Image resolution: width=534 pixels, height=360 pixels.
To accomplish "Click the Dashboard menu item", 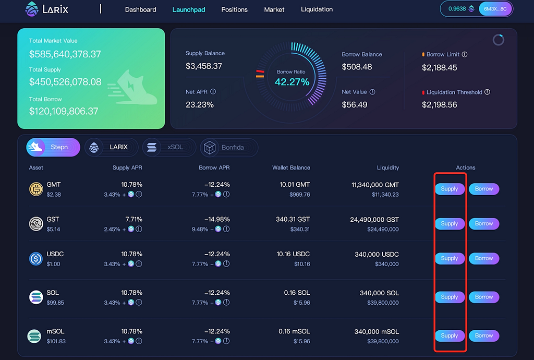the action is (140, 9).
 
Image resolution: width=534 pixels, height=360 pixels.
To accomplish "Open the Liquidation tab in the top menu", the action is (317, 9).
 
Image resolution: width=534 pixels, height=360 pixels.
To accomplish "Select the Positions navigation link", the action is (234, 9).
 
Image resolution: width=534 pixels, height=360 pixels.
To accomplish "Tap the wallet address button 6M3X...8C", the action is (495, 9).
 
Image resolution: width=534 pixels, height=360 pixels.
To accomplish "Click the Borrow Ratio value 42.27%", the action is (292, 82).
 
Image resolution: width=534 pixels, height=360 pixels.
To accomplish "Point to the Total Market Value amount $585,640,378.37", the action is (65, 54).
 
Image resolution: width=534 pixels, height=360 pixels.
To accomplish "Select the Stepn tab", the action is (53, 147).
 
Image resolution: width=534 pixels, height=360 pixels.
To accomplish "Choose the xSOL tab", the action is (169, 147).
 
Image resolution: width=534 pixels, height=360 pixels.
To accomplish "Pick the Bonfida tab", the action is (229, 147).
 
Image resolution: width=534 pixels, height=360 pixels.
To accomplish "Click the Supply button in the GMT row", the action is (450, 189).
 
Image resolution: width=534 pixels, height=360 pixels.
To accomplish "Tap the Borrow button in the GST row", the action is (484, 223).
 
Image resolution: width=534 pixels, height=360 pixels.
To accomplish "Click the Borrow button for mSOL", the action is (484, 335).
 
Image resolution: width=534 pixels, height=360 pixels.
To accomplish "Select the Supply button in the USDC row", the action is (450, 258).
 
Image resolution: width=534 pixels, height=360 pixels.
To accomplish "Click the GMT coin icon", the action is (36, 189).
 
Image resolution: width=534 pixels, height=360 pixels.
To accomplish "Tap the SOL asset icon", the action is (36, 297).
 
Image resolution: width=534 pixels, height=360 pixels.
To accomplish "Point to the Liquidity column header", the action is (388, 167).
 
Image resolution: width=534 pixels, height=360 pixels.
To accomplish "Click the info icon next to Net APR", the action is (213, 92).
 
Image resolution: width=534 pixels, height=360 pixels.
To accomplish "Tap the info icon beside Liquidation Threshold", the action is (488, 92).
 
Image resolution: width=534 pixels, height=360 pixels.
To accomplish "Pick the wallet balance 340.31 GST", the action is (293, 219).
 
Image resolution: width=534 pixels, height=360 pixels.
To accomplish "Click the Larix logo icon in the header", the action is (32, 9).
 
